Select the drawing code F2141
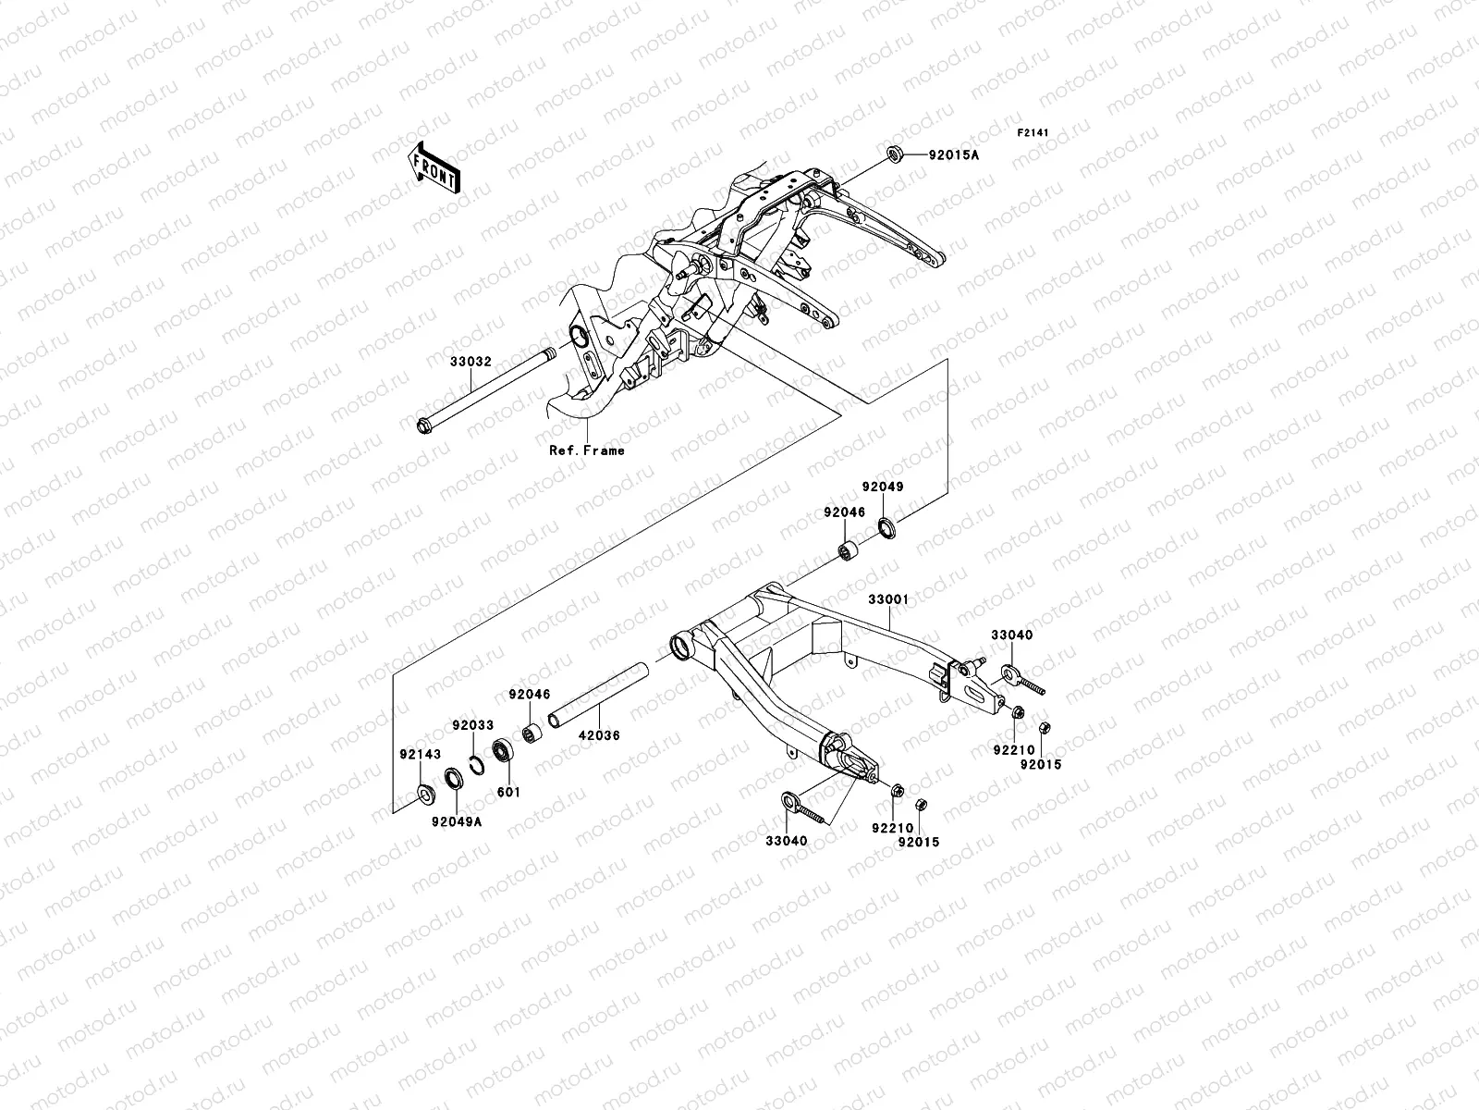pyautogui.click(x=1033, y=133)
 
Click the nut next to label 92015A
pyautogui.click(x=895, y=154)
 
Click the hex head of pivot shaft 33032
pyautogui.click(x=425, y=427)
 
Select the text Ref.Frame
pyautogui.click(x=586, y=450)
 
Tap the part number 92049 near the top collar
pyautogui.click(x=883, y=486)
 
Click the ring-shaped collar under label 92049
pyautogui.click(x=886, y=529)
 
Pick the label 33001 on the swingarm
pyautogui.click(x=887, y=599)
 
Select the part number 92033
pyautogui.click(x=472, y=726)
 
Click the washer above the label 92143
pyautogui.click(x=426, y=792)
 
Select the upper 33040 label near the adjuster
pyautogui.click(x=1012, y=635)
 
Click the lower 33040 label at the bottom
pyautogui.click(x=786, y=841)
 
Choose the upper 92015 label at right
pyautogui.click(x=1041, y=765)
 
